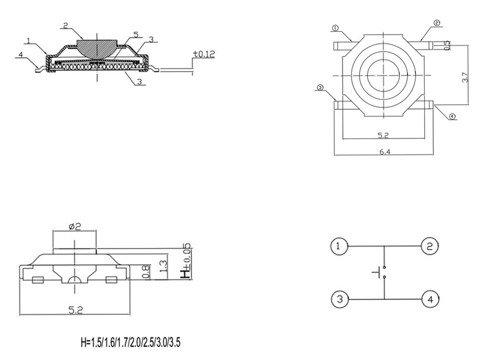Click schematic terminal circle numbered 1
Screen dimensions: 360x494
(x=338, y=246)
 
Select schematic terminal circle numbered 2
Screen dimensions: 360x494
(x=430, y=246)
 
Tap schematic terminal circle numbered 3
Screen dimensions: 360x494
(x=338, y=299)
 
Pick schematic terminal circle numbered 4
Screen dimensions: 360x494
(x=430, y=299)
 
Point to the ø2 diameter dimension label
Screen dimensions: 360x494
(x=75, y=226)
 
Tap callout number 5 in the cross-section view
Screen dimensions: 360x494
(x=136, y=35)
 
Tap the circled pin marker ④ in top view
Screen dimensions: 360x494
(x=452, y=116)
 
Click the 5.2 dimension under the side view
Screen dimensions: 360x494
(x=74, y=310)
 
